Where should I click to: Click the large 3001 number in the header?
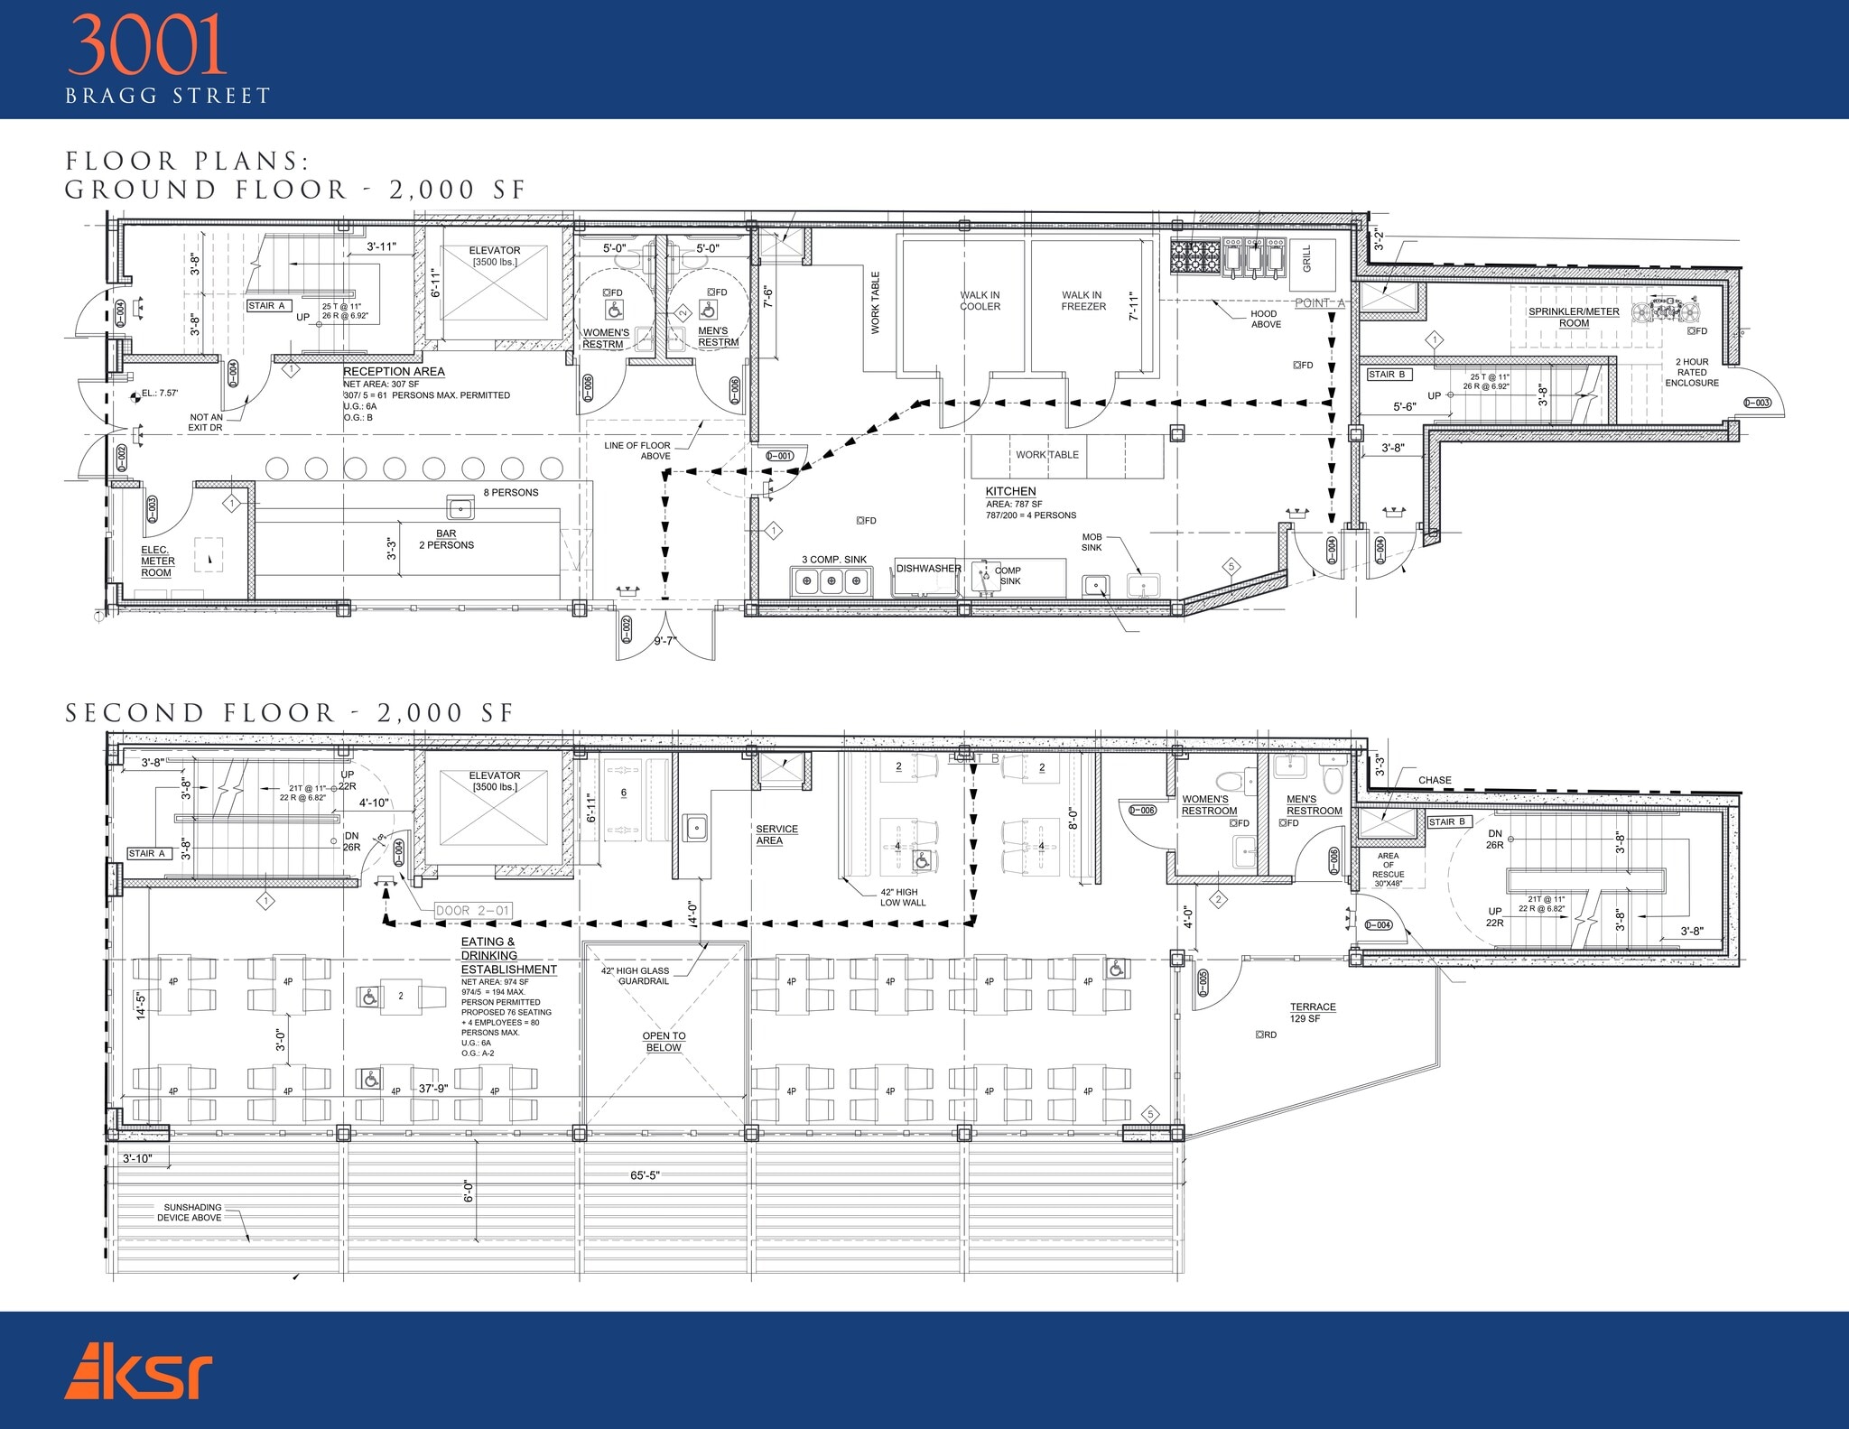pyautogui.click(x=146, y=45)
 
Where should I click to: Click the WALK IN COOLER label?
pyautogui.click(x=980, y=301)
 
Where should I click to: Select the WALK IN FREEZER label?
pyautogui.click(x=1082, y=301)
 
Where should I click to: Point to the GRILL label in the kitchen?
pyautogui.click(x=1306, y=259)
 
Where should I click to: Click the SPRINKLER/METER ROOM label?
pyautogui.click(x=1574, y=317)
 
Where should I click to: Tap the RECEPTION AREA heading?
pyautogui.click(x=394, y=371)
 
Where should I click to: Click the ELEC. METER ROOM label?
pyautogui.click(x=157, y=561)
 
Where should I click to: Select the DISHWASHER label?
pyautogui.click(x=928, y=568)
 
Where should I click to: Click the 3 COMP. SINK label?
pyautogui.click(x=833, y=560)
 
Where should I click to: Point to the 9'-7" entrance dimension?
pyautogui.click(x=664, y=640)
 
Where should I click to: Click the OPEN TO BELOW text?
pyautogui.click(x=664, y=1042)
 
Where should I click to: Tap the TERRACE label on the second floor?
pyautogui.click(x=1313, y=1007)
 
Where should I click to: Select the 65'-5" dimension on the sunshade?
pyautogui.click(x=645, y=1175)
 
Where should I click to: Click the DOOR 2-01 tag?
pyautogui.click(x=472, y=911)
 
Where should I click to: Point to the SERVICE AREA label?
pyautogui.click(x=776, y=834)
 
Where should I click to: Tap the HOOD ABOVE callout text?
pyautogui.click(x=1265, y=319)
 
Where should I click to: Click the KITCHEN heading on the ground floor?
pyautogui.click(x=1010, y=491)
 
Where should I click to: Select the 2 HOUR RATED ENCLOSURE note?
pyautogui.click(x=1691, y=372)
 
